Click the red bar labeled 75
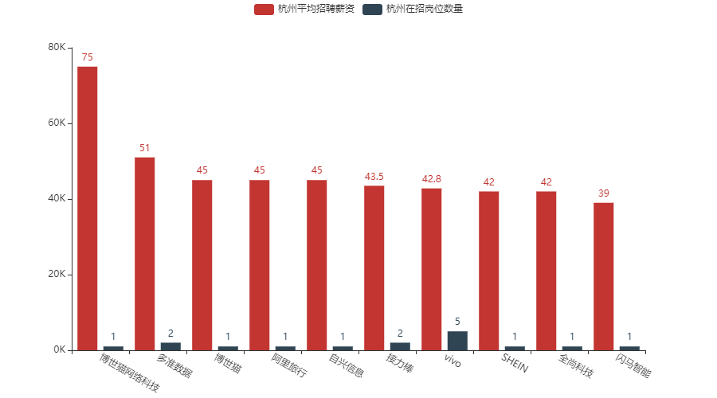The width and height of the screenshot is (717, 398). point(88,208)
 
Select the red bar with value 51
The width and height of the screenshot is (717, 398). point(145,253)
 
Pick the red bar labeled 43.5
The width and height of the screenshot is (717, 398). point(374,267)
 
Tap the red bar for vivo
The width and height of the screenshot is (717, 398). point(432,269)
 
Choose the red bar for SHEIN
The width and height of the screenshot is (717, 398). point(489,271)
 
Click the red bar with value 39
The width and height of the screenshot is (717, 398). point(604,276)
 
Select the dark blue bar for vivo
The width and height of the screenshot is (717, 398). point(457,341)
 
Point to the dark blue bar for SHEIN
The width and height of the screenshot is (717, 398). point(515,348)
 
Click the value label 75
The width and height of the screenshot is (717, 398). point(88,57)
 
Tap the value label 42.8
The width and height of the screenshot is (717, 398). point(432,179)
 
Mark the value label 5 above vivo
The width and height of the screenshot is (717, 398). point(457,322)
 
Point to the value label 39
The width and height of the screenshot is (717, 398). point(604,193)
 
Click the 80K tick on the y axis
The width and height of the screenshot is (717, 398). point(57,48)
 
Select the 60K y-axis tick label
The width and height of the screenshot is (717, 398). point(57,123)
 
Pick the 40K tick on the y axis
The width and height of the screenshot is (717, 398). point(57,199)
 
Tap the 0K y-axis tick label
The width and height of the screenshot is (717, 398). point(60,350)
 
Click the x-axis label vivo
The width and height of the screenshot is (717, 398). point(452,360)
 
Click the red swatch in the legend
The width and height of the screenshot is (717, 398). point(264,10)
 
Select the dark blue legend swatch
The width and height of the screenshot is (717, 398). point(372,10)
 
